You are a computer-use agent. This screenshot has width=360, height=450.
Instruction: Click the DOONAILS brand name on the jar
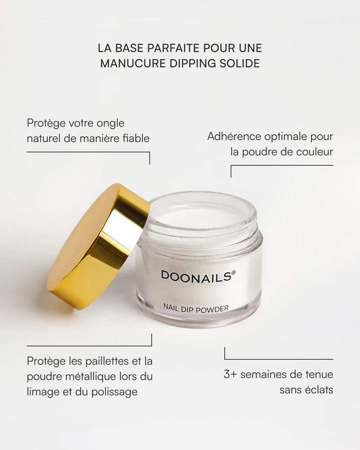click(196, 276)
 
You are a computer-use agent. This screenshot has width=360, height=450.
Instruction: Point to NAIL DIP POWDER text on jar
click(196, 309)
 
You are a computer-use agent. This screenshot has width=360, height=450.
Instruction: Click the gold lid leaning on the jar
click(98, 246)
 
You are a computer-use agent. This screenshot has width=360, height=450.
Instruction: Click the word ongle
click(111, 124)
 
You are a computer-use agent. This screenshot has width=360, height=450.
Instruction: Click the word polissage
click(114, 392)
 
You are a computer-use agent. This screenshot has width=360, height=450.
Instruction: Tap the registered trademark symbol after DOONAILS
click(233, 272)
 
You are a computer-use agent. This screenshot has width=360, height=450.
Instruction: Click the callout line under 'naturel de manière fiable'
click(88, 152)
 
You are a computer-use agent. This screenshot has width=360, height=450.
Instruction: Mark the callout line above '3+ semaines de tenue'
click(279, 359)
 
